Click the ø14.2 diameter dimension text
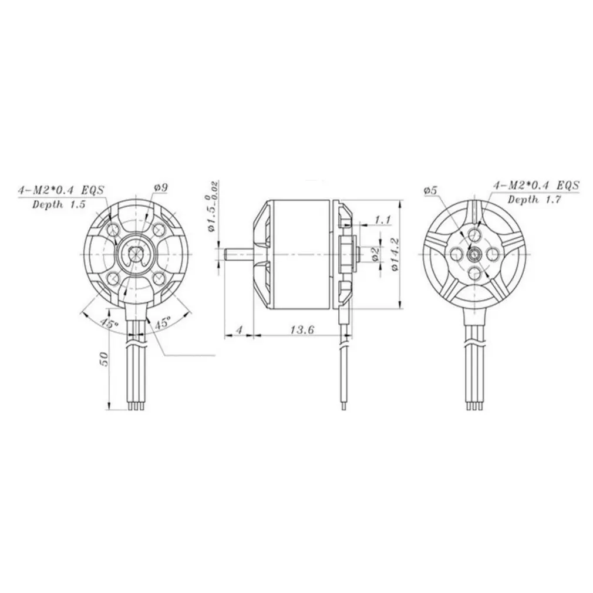[x=395, y=254]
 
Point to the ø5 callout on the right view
[x=431, y=191]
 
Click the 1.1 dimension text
[x=383, y=220]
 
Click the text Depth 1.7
[x=534, y=200]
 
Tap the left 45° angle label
[x=107, y=323]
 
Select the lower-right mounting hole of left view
[x=160, y=277]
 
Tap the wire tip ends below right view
[x=474, y=405]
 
